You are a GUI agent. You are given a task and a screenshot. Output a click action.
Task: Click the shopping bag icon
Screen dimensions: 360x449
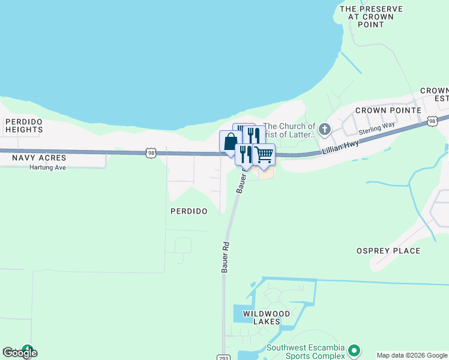click(x=229, y=142)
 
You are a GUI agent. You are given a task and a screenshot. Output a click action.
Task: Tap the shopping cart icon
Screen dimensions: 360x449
click(x=264, y=154)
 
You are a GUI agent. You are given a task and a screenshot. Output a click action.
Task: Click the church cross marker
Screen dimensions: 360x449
click(x=325, y=129)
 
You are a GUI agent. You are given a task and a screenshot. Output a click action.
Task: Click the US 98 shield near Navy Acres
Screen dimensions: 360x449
click(x=151, y=154)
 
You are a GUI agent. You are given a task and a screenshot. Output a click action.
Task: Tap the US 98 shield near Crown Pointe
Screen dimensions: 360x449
click(x=432, y=121)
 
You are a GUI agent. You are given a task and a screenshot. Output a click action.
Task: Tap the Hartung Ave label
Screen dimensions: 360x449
click(x=47, y=167)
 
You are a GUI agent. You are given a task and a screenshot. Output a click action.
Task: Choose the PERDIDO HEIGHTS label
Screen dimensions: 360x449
click(x=24, y=125)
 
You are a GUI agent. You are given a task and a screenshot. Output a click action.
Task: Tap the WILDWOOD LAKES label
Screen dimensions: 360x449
click(x=267, y=317)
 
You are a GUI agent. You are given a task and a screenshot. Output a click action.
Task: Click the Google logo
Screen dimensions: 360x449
click(x=19, y=353)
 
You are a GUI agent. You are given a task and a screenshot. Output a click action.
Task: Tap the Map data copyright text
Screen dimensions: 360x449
click(x=412, y=355)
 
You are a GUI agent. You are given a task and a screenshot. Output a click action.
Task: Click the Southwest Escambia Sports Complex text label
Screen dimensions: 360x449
click(x=306, y=351)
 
